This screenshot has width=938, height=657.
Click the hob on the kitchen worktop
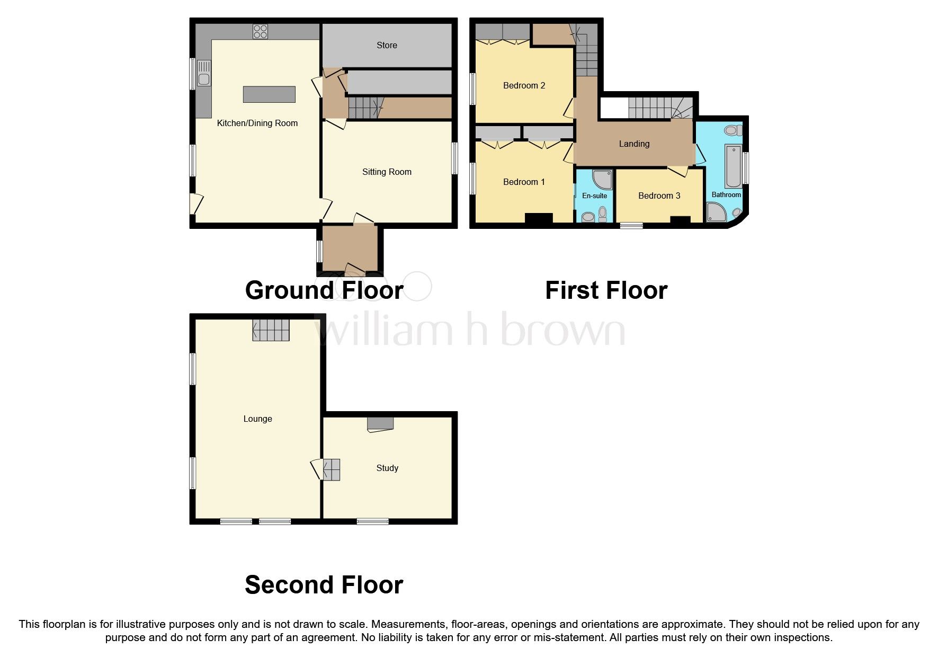(x=260, y=32)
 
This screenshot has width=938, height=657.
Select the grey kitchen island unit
(x=269, y=94)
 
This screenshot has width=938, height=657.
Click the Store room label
(x=387, y=46)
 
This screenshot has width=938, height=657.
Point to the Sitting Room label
(x=387, y=172)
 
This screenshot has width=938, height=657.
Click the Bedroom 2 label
(x=524, y=85)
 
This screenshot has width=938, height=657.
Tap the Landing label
(x=634, y=144)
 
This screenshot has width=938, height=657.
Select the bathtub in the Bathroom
(x=733, y=166)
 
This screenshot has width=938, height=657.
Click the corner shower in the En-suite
(x=603, y=179)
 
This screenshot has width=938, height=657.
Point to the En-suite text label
(x=594, y=196)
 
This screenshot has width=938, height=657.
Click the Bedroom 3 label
(x=659, y=196)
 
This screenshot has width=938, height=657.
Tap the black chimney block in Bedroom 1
(x=539, y=218)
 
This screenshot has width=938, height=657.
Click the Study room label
(x=387, y=468)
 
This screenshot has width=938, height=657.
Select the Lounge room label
(x=257, y=419)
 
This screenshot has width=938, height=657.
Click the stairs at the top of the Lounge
(x=271, y=330)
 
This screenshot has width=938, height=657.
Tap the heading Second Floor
(x=324, y=585)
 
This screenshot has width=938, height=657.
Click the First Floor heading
(x=606, y=290)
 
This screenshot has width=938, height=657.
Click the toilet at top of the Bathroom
(x=733, y=130)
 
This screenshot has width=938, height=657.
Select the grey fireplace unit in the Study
(x=380, y=423)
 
